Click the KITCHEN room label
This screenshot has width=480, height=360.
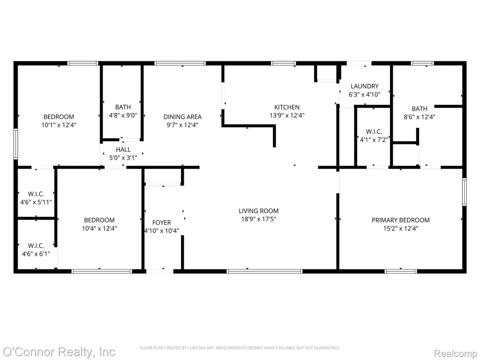pyautogui.click(x=287, y=107)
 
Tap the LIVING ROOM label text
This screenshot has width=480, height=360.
pyautogui.click(x=259, y=210)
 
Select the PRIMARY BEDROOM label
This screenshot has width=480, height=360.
pyautogui.click(x=401, y=220)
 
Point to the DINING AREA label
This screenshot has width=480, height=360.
pyautogui.click(x=182, y=117)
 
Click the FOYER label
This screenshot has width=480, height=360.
pyautogui.click(x=162, y=223)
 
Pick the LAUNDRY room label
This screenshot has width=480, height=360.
pyautogui.click(x=365, y=86)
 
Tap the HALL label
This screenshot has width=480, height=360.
pyautogui.click(x=123, y=150)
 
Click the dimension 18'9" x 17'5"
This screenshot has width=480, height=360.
pyautogui.click(x=259, y=219)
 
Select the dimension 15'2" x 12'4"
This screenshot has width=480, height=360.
pyautogui.click(x=401, y=228)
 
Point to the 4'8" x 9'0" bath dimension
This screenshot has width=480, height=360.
pyautogui.click(x=123, y=115)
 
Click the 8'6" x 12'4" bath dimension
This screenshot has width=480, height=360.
pyautogui.click(x=420, y=117)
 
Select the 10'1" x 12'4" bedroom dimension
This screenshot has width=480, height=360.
pyautogui.click(x=59, y=125)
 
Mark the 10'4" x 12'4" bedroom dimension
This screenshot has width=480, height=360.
pyautogui.click(x=99, y=228)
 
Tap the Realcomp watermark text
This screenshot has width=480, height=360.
pyautogui.click(x=456, y=353)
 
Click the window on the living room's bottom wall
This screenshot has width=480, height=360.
pyautogui.click(x=264, y=271)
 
